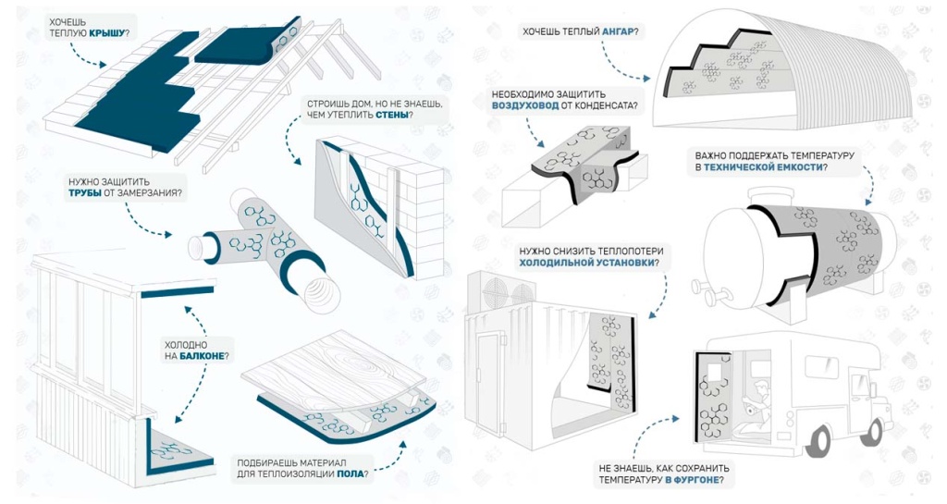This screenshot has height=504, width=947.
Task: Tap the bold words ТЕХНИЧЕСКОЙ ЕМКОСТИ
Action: click(x=761, y=167)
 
